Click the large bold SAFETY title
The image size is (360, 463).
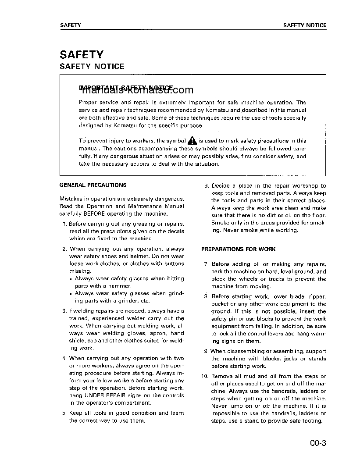[x=82, y=55]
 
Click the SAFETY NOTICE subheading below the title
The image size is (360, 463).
[x=92, y=67]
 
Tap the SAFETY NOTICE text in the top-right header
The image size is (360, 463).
[x=305, y=25]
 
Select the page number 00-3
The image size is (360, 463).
[x=317, y=443]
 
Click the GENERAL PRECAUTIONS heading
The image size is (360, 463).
[x=93, y=185]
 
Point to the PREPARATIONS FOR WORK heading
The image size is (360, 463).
[x=238, y=249]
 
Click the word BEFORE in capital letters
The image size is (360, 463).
[x=96, y=214]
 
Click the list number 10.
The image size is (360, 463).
[x=204, y=376]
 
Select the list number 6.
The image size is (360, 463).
[x=207, y=186]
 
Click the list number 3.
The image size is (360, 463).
[x=64, y=311]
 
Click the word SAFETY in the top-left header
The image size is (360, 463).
[x=71, y=25]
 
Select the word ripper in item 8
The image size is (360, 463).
[x=317, y=297]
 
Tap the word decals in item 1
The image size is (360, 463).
[x=176, y=231]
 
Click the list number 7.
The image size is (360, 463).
[x=207, y=264]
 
